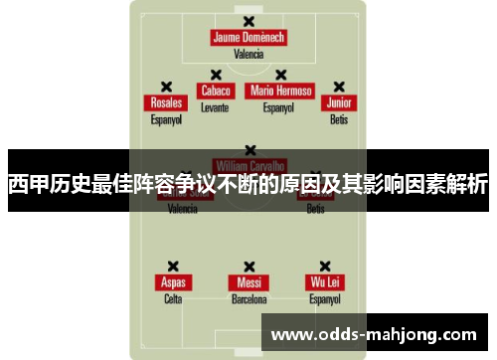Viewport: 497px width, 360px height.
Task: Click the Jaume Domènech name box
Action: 248,38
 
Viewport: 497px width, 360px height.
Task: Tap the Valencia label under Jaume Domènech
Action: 248,55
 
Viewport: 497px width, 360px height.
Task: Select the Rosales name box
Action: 166,103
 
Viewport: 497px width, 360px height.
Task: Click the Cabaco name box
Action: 216,90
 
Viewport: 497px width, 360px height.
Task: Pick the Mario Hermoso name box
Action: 281,90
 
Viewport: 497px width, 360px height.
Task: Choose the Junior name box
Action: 339,103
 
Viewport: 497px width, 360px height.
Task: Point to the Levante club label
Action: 215,106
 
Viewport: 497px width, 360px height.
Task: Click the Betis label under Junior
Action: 339,119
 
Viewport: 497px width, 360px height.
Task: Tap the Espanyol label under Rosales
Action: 166,119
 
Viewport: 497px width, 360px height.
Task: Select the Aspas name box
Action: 173,282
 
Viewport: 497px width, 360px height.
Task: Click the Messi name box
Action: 248,282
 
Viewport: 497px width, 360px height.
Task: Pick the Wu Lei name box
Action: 325,282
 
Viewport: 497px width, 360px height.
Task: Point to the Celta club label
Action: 173,298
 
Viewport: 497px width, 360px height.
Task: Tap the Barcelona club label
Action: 248,298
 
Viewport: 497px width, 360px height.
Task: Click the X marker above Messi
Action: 248,267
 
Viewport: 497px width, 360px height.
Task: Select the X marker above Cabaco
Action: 215,74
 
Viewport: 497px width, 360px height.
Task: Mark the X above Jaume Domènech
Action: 248,21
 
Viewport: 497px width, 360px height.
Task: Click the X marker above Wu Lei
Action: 325,267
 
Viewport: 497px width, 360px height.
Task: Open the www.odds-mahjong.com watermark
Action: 373,333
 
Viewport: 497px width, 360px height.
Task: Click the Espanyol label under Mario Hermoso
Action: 281,106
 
